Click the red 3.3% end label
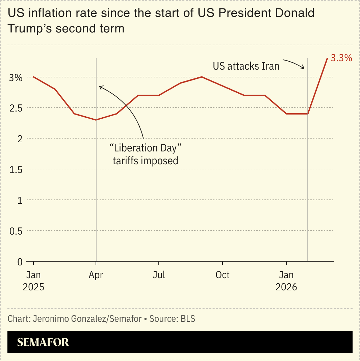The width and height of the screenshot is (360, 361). (341, 58)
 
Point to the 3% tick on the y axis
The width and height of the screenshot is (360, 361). (16, 77)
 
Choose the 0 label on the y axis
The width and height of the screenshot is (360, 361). (20, 262)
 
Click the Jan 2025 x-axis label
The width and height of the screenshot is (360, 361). (33, 281)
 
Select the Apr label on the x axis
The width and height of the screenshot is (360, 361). (96, 275)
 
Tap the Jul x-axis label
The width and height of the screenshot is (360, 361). (159, 275)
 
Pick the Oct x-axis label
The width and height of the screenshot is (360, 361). (223, 275)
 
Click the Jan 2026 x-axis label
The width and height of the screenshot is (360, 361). (286, 281)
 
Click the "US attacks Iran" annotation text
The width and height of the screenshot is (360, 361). (246, 66)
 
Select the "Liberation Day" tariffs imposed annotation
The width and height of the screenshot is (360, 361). (145, 154)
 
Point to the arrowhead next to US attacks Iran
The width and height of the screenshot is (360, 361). (304, 68)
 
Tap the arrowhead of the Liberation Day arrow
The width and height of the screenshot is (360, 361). (100, 87)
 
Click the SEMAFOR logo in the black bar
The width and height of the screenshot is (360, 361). (43, 342)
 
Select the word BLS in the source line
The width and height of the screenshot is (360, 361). (188, 319)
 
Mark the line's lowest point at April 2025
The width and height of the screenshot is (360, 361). (96, 120)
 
